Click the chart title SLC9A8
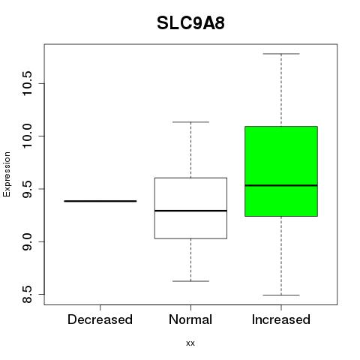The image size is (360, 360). [x=190, y=23]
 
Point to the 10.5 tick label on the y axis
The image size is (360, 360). [x=27, y=83]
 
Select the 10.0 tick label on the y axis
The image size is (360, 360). [x=27, y=136]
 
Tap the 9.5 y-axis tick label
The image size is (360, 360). [x=27, y=189]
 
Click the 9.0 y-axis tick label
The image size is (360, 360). [x=27, y=241]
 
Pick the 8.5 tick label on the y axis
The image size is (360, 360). [x=27, y=295]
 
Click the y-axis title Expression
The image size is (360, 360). [x=7, y=174]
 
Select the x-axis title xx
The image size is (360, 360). [x=190, y=343]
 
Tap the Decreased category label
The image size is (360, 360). [x=100, y=319]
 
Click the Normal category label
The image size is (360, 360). [x=190, y=319]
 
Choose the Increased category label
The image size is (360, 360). [x=281, y=319]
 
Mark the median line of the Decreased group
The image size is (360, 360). [x=100, y=201]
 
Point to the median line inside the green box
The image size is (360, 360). [x=281, y=185]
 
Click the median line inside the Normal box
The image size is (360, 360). [x=190, y=211]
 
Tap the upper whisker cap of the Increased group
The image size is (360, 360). [x=281, y=54]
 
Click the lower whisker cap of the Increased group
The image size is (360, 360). [x=281, y=295]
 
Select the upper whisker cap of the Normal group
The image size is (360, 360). [x=190, y=122]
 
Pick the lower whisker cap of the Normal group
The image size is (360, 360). [x=190, y=281]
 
